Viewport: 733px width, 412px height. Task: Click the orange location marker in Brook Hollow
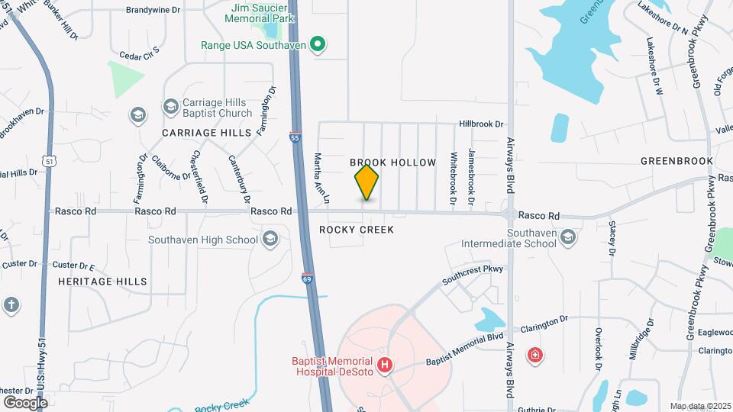pos(366,182)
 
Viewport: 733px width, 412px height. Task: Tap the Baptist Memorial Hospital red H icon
pos(386,365)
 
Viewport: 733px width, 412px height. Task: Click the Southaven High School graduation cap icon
pos(269,240)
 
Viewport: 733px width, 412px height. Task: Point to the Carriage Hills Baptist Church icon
pos(137,114)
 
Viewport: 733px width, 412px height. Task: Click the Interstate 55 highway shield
pos(295,138)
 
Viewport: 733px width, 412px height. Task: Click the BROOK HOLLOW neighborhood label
pos(392,163)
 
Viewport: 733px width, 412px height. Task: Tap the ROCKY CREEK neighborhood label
pos(356,230)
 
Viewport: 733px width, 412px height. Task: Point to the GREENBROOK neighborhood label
pos(676,161)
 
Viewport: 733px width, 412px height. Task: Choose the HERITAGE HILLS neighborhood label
pos(102,282)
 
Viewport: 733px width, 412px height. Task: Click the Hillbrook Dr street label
pos(481,124)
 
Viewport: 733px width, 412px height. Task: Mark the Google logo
pos(25,402)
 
